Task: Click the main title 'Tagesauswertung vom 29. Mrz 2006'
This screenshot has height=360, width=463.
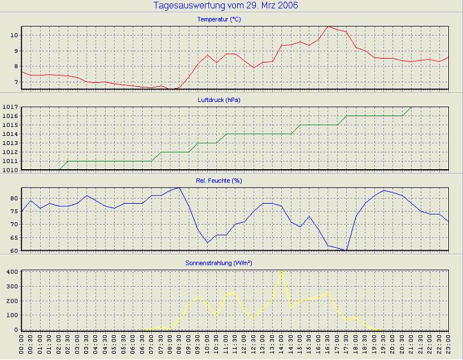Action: tap(226, 6)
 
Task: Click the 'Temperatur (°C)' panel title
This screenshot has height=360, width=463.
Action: tap(219, 20)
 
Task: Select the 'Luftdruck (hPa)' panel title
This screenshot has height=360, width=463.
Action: tap(219, 100)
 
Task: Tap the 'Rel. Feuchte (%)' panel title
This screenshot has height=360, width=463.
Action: tap(219, 181)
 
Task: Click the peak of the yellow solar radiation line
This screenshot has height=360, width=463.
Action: tap(281, 271)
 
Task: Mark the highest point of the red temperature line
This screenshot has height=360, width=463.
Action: tap(328, 26)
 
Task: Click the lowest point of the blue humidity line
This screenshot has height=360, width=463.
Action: tap(346, 250)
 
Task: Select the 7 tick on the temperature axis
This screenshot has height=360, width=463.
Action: tap(15, 82)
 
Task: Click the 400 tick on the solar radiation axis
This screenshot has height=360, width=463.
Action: tap(11, 271)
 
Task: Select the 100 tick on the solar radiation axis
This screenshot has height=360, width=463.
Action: tap(11, 315)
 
